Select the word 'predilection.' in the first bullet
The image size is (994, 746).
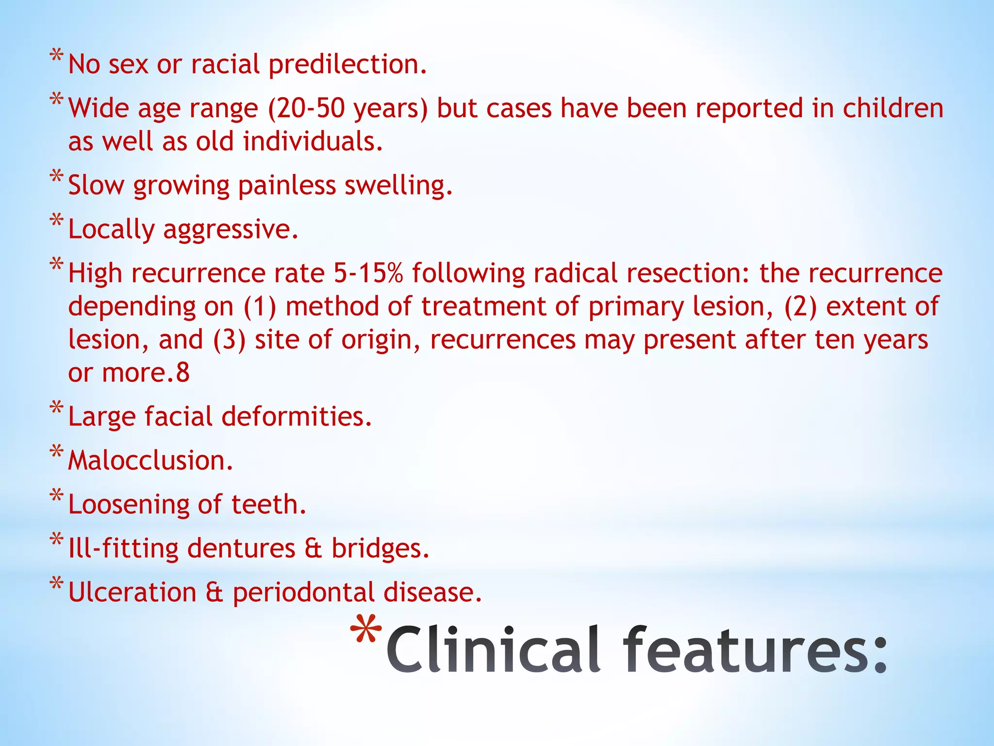(348, 65)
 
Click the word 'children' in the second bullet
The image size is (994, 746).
(893, 108)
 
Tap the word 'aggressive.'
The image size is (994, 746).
(231, 230)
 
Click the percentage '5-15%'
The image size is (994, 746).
(368, 273)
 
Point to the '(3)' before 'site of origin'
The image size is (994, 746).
(229, 339)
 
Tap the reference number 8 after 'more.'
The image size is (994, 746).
(183, 373)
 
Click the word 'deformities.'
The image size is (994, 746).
(297, 417)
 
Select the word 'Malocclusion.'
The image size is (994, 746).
(151, 460)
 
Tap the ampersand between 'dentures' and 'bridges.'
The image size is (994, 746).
(314, 549)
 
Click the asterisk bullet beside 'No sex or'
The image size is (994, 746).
(56, 55)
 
